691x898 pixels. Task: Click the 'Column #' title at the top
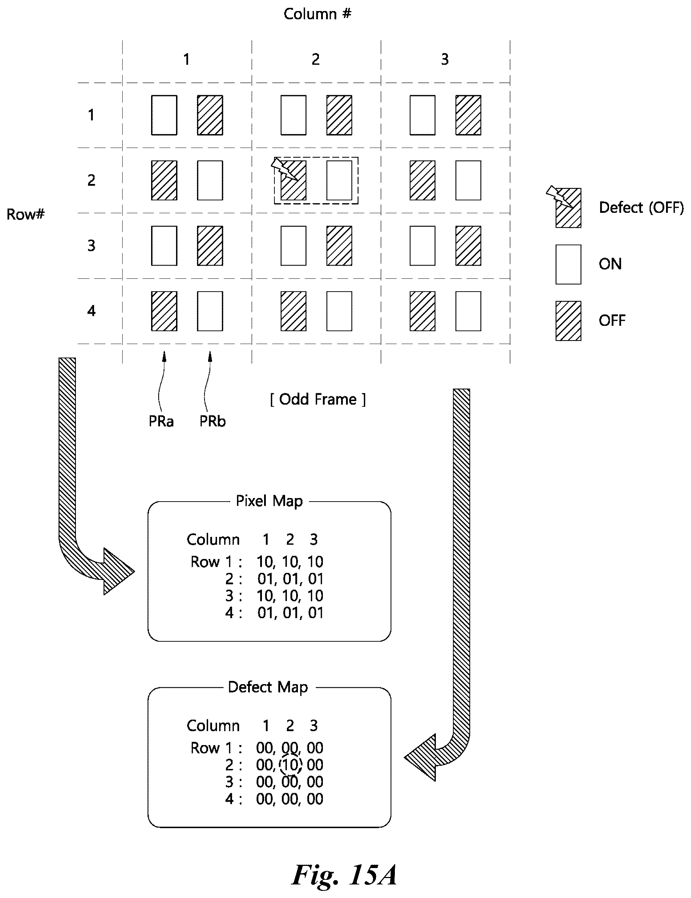(x=317, y=14)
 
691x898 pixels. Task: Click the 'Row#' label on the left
(x=26, y=214)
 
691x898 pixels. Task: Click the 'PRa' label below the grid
(x=161, y=421)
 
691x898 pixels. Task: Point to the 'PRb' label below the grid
(x=212, y=421)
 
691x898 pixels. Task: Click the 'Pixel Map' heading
(x=269, y=501)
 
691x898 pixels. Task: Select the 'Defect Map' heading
(x=268, y=687)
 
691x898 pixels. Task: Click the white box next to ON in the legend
(x=568, y=265)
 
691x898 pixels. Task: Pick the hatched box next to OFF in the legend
(x=568, y=321)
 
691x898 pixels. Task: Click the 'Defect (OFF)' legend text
(x=641, y=207)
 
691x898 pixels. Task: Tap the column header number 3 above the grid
(x=445, y=59)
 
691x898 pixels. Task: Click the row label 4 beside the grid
(x=91, y=311)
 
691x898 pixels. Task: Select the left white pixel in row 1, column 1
(x=164, y=115)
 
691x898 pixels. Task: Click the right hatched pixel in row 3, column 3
(x=468, y=246)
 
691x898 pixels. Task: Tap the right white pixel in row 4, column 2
(x=339, y=311)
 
